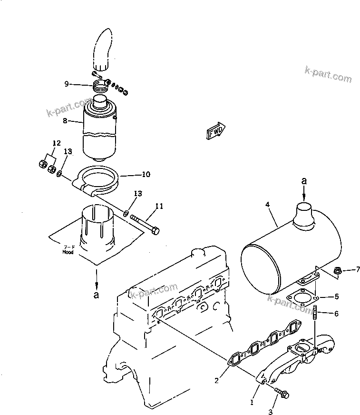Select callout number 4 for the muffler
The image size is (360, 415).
coord(267,204)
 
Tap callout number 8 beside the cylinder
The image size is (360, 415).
coord(65,121)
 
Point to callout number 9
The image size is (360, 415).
coord(67,84)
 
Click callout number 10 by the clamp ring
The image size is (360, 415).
coord(146,175)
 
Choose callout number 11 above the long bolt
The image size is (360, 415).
coord(159,206)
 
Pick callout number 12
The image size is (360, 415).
coord(57,143)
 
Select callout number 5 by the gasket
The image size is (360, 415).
coord(336,296)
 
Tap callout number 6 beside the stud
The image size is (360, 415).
coord(336,313)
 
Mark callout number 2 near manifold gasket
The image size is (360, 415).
coord(216,380)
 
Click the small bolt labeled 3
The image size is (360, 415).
coord(283,393)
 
